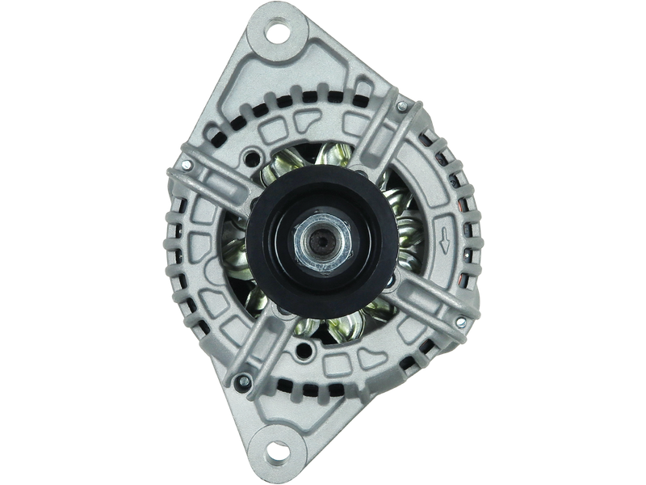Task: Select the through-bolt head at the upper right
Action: click(401, 104)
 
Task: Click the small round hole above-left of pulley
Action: click(257, 158)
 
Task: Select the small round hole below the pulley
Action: click(305, 351)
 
